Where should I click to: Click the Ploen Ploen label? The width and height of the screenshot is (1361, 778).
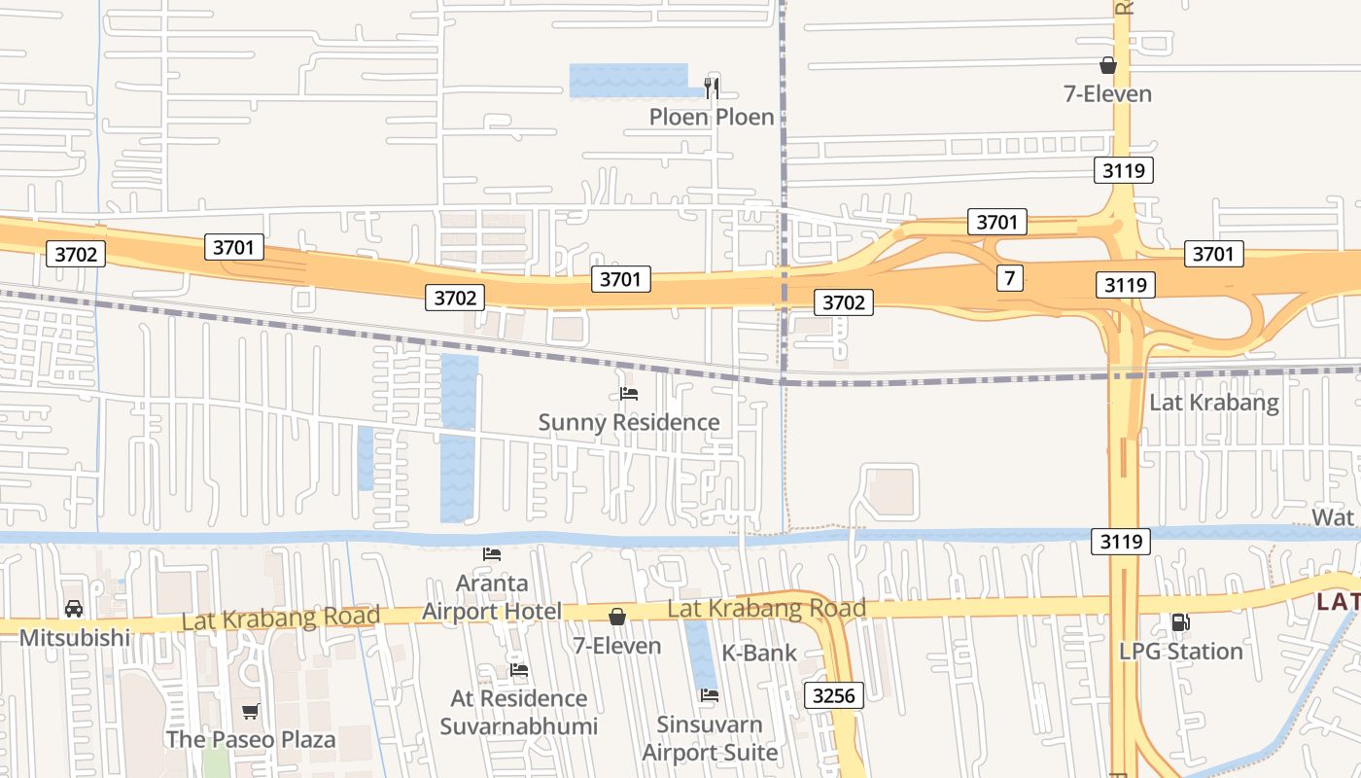click(712, 117)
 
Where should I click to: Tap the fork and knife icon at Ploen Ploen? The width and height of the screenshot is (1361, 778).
click(712, 88)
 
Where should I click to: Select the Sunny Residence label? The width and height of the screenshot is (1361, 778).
click(629, 422)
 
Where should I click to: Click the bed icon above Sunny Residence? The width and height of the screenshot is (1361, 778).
click(629, 394)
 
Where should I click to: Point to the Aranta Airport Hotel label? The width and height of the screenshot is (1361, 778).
click(492, 597)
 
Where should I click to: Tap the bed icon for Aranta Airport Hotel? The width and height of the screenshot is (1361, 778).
click(492, 554)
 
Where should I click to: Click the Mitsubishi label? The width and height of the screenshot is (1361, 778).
click(74, 638)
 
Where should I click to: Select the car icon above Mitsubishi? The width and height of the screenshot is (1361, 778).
click(74, 610)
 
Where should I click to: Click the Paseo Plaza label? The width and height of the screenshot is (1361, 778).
click(251, 739)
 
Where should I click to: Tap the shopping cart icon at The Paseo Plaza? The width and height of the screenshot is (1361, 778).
click(251, 711)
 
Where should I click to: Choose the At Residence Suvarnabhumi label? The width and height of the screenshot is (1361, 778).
click(519, 712)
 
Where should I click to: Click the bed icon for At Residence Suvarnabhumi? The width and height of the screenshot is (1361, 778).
click(519, 670)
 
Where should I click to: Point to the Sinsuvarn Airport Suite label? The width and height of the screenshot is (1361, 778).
click(710, 738)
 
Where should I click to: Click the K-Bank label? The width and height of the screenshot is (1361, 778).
click(759, 653)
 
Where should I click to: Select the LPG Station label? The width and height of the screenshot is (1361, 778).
click(1181, 651)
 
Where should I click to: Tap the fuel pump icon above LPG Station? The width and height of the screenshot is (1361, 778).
click(1180, 622)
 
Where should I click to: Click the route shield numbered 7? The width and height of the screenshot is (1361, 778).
click(1010, 278)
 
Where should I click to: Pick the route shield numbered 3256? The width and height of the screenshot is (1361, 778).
click(834, 695)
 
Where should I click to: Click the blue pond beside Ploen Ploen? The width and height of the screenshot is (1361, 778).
click(627, 80)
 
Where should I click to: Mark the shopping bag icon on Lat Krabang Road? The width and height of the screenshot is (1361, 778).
click(616, 617)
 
